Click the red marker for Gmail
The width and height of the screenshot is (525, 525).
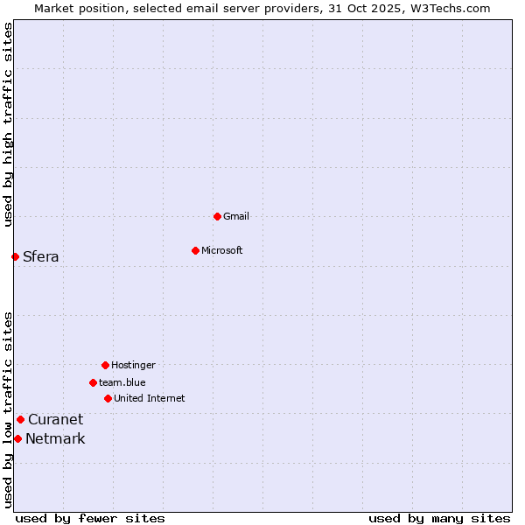tap(217, 216)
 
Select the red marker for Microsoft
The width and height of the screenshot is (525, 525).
tap(195, 250)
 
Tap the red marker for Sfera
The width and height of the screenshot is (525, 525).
tap(15, 256)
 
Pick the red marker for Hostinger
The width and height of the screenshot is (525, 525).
tap(105, 365)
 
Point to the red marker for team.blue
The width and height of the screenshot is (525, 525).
tap(93, 382)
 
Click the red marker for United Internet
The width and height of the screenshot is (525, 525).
tap(108, 398)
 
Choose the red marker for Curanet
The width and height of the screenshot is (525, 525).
tap(20, 419)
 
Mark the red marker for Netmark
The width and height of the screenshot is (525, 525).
tap(17, 438)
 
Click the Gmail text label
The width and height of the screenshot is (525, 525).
tap(236, 216)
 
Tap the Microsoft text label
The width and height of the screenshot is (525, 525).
tap(222, 250)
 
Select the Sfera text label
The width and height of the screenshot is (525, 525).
tap(41, 256)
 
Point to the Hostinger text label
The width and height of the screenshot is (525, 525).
tap(133, 365)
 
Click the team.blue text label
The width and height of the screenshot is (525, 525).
tap(122, 382)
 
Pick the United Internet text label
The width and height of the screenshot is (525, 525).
tap(150, 398)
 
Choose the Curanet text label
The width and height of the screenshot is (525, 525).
tap(56, 419)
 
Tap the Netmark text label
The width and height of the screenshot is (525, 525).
tap(55, 438)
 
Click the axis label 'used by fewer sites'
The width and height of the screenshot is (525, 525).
tap(90, 518)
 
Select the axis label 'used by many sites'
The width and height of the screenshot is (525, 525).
tap(439, 518)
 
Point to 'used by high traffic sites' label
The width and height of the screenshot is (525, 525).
tap(8, 124)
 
